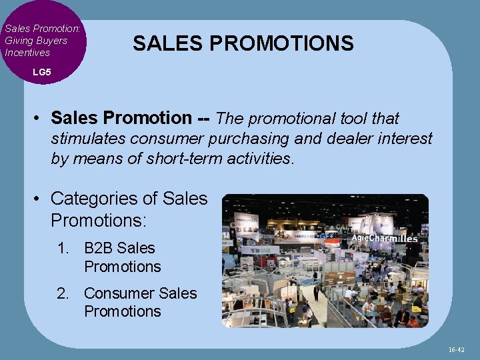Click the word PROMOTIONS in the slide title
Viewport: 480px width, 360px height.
click(x=281, y=44)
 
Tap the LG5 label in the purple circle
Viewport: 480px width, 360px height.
click(x=41, y=71)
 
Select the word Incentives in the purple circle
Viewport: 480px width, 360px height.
click(x=27, y=52)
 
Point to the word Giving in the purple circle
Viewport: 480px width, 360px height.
click(x=19, y=40)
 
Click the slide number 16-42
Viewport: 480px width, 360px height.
click(x=457, y=349)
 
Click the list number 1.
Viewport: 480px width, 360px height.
click(x=63, y=248)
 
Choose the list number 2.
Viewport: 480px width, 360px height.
click(x=63, y=293)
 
